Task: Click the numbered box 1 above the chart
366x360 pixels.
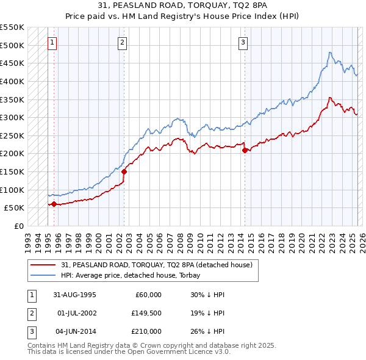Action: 52,43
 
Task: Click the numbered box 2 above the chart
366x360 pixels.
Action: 123,43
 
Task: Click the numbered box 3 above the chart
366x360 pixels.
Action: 243,43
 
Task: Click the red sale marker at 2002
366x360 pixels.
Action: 124,171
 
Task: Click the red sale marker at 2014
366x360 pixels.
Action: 245,150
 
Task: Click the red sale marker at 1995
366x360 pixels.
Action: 54,204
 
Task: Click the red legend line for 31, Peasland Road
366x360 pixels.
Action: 44,264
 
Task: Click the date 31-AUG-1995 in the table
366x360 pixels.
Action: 75,295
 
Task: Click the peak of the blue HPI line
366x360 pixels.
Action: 329,52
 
